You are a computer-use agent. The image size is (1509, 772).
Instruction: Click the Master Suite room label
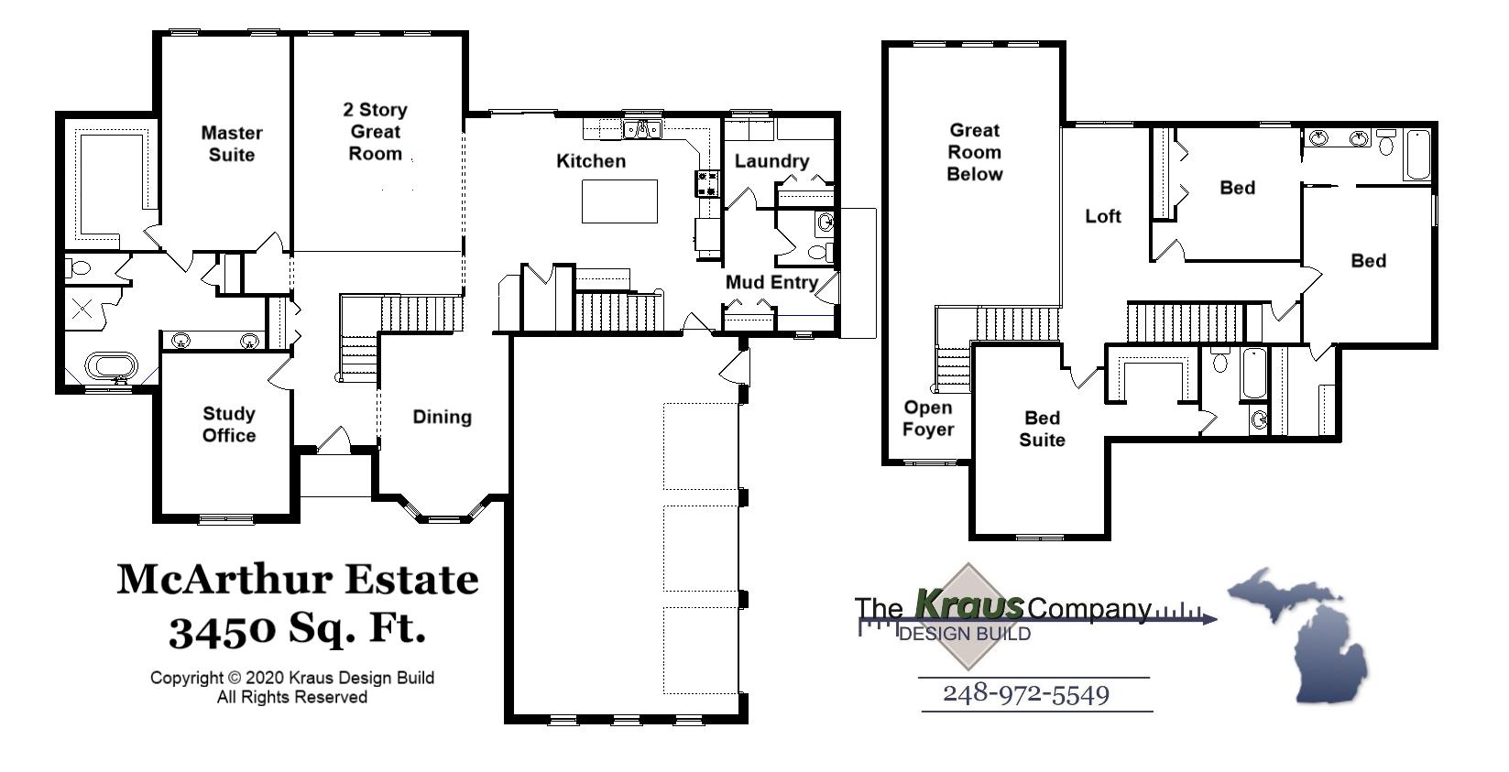click(x=232, y=144)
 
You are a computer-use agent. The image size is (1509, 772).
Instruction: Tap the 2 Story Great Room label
click(x=375, y=132)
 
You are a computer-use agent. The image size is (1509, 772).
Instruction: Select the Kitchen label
click(x=591, y=161)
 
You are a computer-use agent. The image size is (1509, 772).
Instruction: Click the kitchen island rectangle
click(x=619, y=201)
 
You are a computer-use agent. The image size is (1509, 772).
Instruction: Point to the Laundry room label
click(x=771, y=161)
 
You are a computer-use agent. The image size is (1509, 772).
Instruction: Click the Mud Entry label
click(x=771, y=282)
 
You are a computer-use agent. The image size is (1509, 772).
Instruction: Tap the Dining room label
click(x=442, y=417)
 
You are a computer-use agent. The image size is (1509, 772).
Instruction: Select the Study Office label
click(x=229, y=424)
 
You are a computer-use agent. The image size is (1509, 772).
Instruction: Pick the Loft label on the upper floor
click(x=1102, y=216)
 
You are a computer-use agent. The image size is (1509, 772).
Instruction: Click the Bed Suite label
click(x=1042, y=429)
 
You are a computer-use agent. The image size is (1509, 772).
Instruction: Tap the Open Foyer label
click(x=927, y=419)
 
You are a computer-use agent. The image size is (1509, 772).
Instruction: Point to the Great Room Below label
click(x=974, y=152)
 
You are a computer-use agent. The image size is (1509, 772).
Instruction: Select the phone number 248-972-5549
click(x=1026, y=694)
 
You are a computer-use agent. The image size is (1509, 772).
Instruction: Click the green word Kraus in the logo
click(x=969, y=604)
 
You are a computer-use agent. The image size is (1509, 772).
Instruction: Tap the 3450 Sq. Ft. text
click(x=297, y=629)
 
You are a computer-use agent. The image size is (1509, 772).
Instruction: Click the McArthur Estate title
click(x=297, y=579)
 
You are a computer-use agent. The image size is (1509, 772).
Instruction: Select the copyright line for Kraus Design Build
click(x=292, y=679)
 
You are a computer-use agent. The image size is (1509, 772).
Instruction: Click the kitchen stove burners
click(x=706, y=184)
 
